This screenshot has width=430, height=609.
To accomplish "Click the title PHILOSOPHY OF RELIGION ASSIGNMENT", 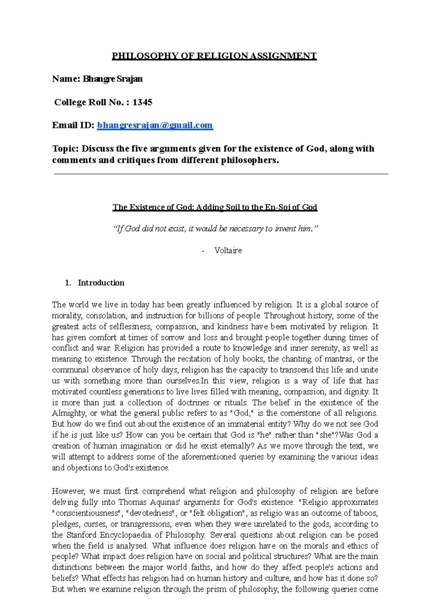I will [x=214, y=56].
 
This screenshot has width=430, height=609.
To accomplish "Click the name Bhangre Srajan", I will [x=113, y=79].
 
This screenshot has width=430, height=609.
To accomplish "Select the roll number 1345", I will [x=142, y=102].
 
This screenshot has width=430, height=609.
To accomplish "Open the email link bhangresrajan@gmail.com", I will [x=155, y=125].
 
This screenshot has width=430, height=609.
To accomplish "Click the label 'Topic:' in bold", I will [x=65, y=148].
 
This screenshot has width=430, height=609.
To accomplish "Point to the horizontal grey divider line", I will [x=221, y=174].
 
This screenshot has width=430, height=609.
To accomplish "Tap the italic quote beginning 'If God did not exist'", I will [x=215, y=229].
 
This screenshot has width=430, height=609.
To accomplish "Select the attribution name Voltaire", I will [x=228, y=250].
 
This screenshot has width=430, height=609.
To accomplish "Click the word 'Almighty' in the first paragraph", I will [x=68, y=413].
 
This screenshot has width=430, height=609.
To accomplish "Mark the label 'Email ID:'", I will [x=73, y=125].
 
